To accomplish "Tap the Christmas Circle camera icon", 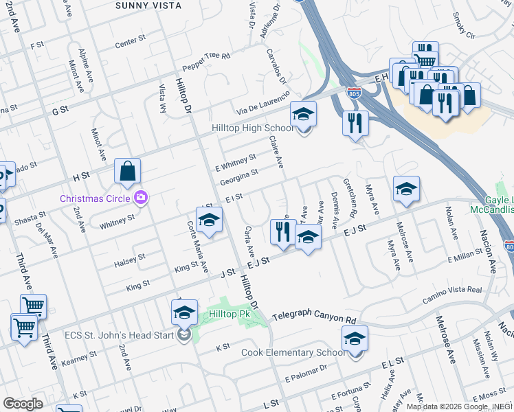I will tap(142, 198).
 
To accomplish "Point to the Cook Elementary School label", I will tap(293, 353).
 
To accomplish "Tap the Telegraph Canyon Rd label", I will tap(315, 318).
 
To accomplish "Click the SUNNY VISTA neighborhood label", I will tap(148, 5).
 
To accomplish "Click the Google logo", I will tap(23, 404).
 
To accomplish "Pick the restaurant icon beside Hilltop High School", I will tap(355, 123).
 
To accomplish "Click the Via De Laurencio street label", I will tap(259, 104).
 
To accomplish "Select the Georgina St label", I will tap(238, 177).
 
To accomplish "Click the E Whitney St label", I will tap(235, 163).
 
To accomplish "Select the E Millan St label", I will tap(468, 257).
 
